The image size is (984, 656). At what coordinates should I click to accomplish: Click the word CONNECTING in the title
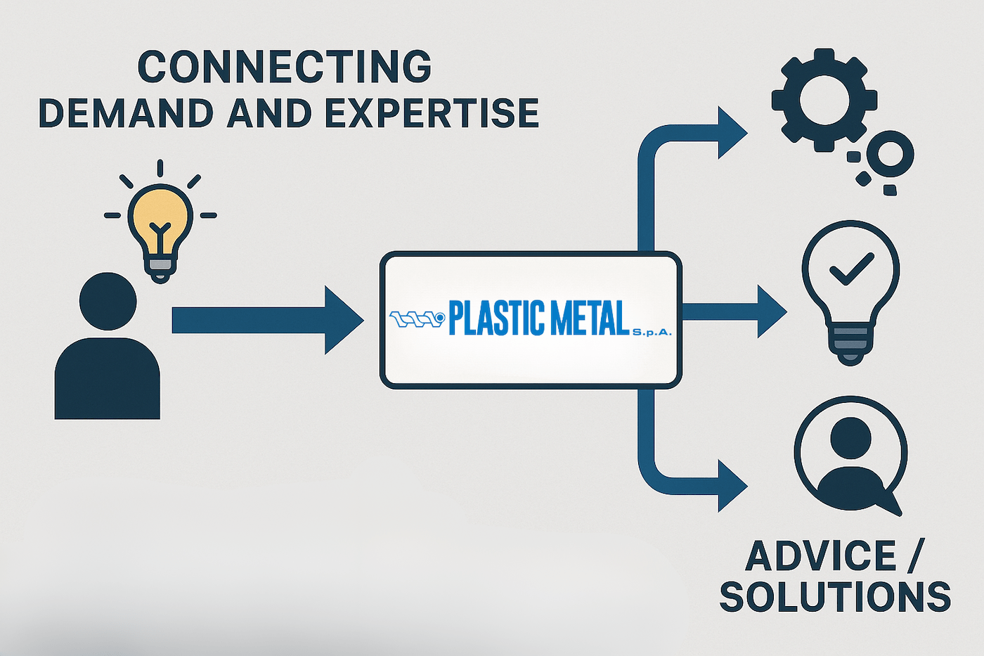point(284,67)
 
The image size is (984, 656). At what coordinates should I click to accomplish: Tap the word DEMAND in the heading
point(125,113)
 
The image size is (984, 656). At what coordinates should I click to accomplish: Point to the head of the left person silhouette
point(108,301)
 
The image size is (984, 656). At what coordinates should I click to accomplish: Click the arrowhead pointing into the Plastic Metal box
point(343,320)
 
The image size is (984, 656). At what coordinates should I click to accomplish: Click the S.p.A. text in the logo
point(652,332)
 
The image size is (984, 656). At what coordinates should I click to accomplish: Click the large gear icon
point(824,99)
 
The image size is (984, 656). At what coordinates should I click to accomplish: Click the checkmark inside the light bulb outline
point(850,269)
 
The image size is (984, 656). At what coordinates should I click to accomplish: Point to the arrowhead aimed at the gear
point(731,132)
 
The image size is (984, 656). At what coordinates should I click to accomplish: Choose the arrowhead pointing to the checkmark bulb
point(772,311)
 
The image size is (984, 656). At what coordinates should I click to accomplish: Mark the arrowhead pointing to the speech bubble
point(731,485)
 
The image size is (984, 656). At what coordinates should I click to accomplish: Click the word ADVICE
point(820,556)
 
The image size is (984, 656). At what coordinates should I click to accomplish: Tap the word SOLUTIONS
point(835,597)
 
